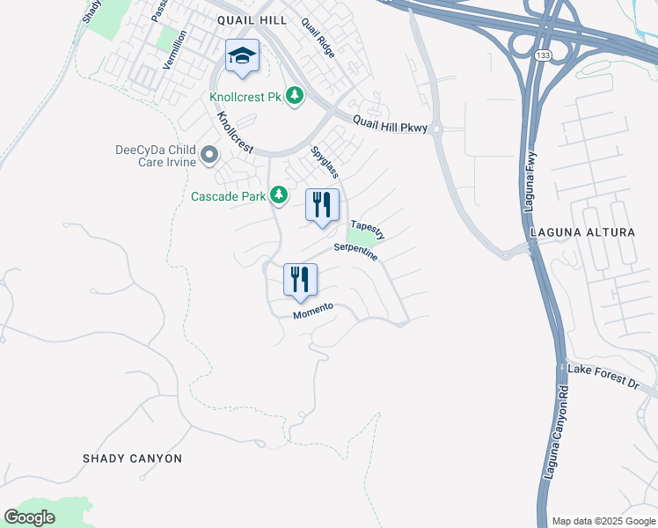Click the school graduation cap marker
point(243,56)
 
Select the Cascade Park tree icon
point(279,194)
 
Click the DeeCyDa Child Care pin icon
point(208,156)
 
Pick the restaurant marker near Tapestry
point(322,205)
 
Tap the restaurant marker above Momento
point(300,280)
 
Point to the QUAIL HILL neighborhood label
point(248,19)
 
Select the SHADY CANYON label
point(132,458)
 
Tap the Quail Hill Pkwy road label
point(390,125)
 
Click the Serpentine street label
point(356,253)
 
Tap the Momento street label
point(313,311)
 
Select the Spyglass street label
point(325,163)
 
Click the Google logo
point(30,517)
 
